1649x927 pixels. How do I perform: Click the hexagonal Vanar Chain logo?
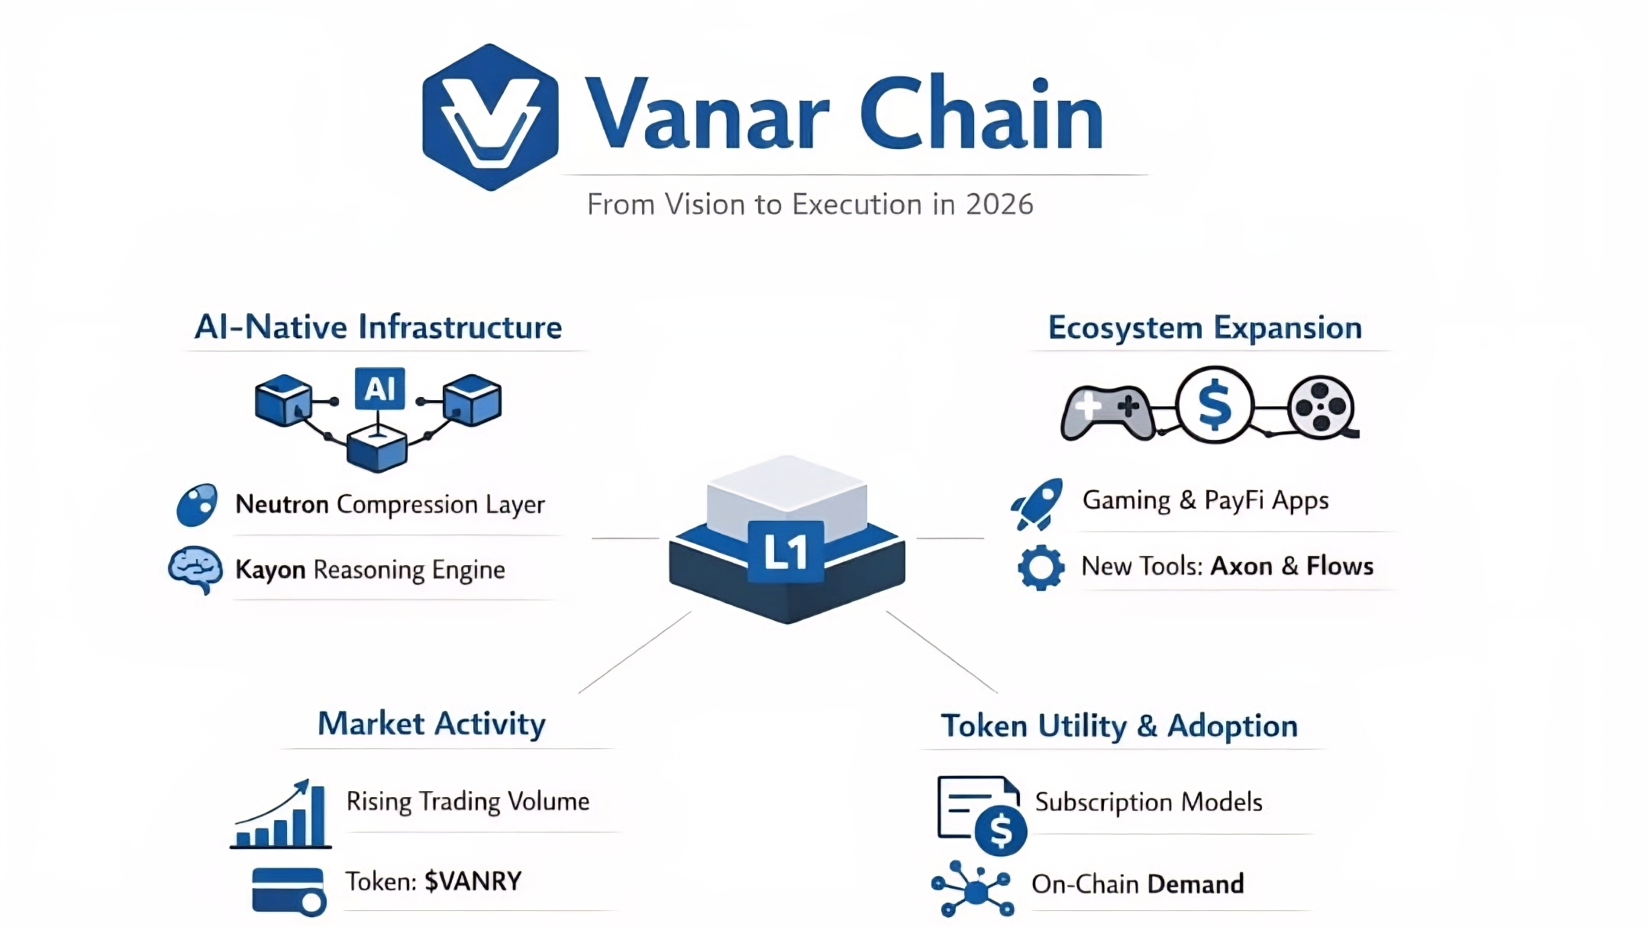(490, 117)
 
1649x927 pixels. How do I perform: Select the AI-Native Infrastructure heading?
(378, 327)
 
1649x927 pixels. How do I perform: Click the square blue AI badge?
(379, 389)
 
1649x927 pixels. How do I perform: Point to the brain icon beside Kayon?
(195, 569)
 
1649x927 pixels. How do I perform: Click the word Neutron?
(282, 504)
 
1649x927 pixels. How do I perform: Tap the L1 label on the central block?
(786, 551)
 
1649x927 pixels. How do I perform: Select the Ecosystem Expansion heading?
(1205, 328)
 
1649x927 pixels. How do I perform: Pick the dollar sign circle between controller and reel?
(1215, 405)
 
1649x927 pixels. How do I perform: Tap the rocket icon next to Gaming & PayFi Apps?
(1037, 503)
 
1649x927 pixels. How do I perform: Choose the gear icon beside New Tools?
(1041, 567)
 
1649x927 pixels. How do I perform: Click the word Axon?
(1241, 566)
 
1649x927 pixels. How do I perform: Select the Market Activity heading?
(431, 723)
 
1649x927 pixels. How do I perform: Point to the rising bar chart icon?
(282, 815)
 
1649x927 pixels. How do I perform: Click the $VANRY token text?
(473, 881)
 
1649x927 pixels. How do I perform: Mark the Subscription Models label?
(1148, 802)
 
